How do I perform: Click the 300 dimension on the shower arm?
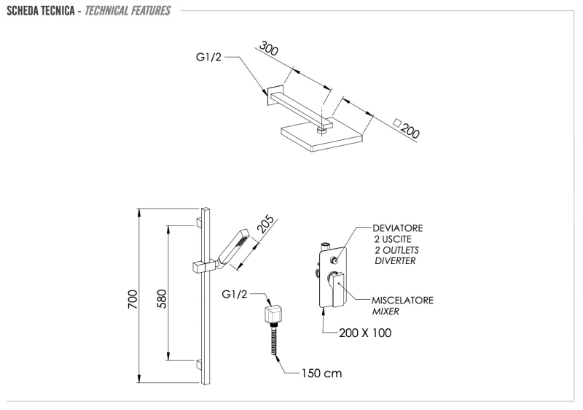pos(269,49)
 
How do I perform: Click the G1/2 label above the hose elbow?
pos(235,294)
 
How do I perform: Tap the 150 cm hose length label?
pos(321,374)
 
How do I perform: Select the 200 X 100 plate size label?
pos(365,333)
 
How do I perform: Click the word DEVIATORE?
pos(398,228)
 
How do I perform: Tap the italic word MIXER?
pos(386,312)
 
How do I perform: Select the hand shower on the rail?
pos(234,244)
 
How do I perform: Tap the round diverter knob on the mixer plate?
pos(334,260)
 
